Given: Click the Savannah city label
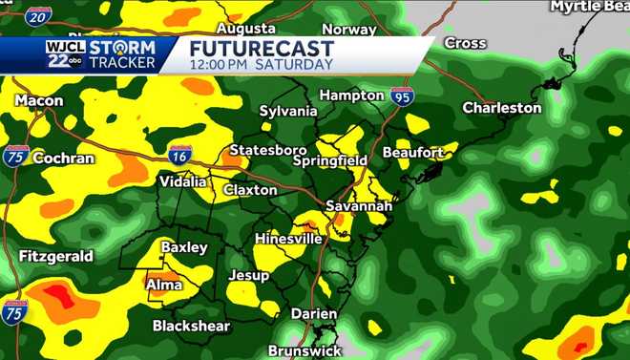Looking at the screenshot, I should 358,205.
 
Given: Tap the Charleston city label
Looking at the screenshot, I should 501,108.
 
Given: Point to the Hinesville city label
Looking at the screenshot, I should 287,238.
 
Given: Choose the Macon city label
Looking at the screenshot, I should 39,100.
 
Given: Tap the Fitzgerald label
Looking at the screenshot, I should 56,256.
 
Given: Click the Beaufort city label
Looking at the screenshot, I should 412,153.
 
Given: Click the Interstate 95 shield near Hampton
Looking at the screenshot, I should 402,95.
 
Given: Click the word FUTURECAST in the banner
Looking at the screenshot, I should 261,48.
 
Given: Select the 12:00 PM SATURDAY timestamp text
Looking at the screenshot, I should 261,65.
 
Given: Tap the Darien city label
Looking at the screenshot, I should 314,313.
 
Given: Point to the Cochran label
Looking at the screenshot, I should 63,158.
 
